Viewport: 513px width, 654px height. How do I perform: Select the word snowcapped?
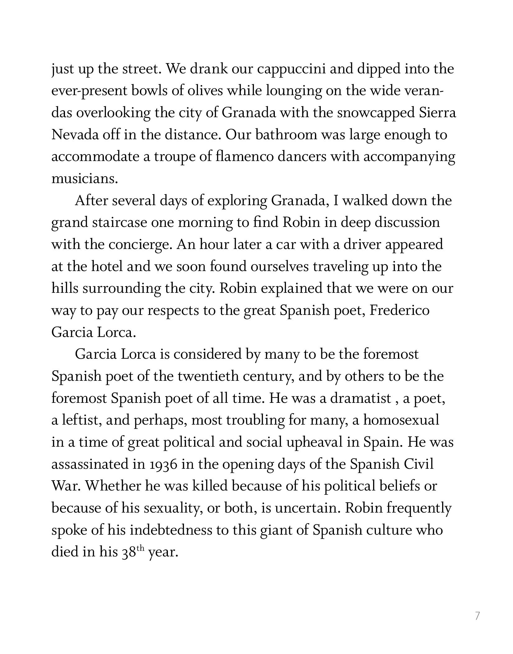coord(376,113)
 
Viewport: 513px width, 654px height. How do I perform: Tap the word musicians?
coord(84,179)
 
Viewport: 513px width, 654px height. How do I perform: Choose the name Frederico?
coord(400,311)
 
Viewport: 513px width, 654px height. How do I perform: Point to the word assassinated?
coord(90,464)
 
